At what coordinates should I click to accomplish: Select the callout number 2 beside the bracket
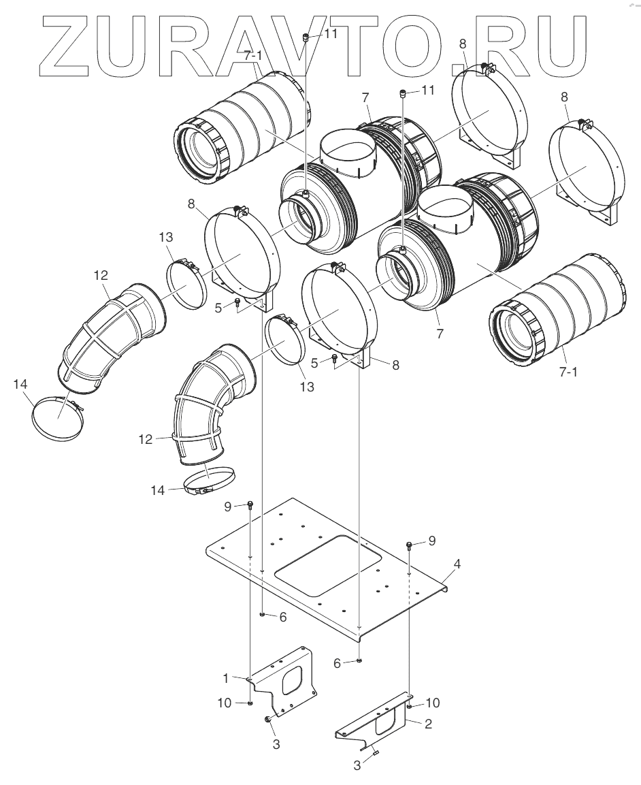pyautogui.click(x=428, y=725)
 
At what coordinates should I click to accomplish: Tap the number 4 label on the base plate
pyautogui.click(x=457, y=564)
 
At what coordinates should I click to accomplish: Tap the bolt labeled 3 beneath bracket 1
pyautogui.click(x=267, y=720)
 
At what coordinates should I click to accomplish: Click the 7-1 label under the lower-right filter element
pyautogui.click(x=568, y=374)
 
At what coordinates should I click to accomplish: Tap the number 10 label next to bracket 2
pyautogui.click(x=432, y=702)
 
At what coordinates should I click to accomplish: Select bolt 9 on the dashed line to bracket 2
pyautogui.click(x=409, y=545)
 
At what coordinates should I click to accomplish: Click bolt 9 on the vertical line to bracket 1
pyautogui.click(x=250, y=504)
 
